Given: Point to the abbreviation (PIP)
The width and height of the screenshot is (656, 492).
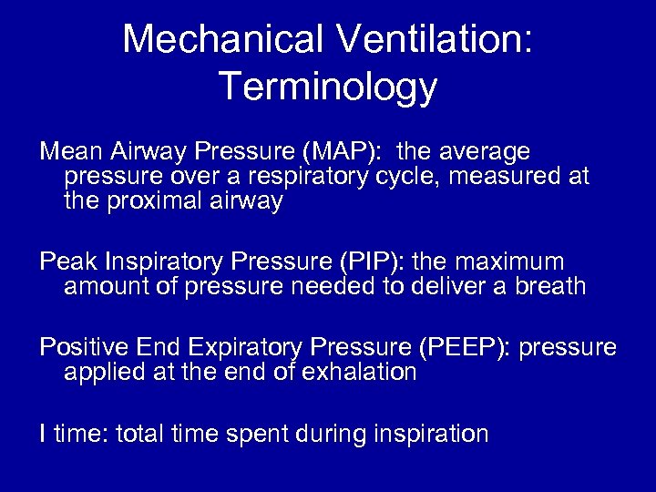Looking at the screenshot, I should click(375, 262).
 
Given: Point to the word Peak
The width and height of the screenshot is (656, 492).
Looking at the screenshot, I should click(68, 262).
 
